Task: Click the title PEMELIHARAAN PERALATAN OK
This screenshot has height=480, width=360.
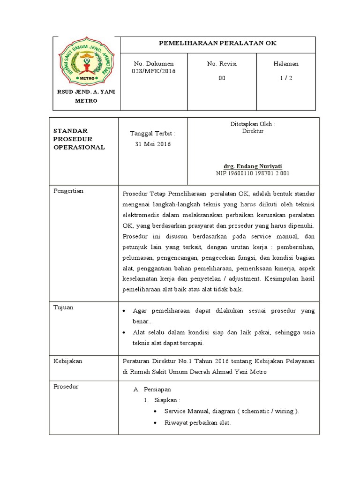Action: [218, 43]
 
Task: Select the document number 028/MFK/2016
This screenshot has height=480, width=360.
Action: [153, 71]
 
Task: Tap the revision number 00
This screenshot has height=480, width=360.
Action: [222, 78]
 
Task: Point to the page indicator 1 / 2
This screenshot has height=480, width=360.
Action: [286, 78]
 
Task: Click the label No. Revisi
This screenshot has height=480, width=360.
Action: [222, 64]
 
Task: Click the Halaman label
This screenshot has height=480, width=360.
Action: [286, 64]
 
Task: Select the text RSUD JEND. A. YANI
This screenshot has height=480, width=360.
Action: [85, 92]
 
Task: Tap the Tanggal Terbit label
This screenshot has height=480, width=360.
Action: [153, 134]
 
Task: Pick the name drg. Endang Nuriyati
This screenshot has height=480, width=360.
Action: [253, 166]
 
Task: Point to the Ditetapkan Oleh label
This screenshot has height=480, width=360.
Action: [252, 124]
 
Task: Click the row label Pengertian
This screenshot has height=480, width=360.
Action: [69, 191]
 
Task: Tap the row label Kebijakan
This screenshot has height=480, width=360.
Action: [67, 361]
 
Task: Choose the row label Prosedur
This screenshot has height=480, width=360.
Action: [66, 387]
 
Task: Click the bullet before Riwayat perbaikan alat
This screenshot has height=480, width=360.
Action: [155, 422]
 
